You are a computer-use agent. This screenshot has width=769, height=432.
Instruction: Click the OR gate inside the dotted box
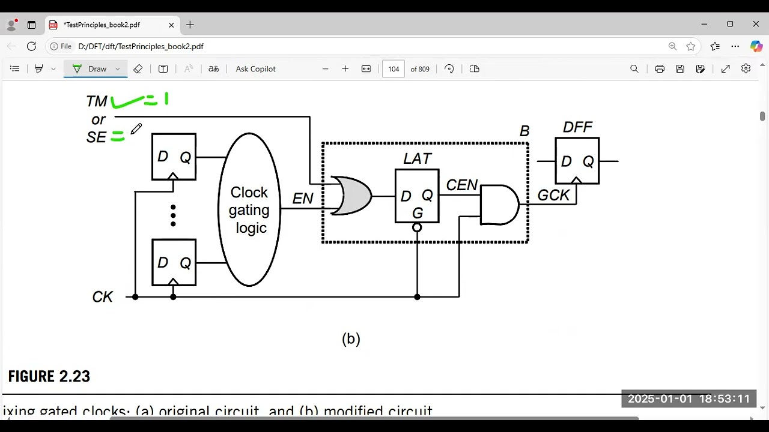351,196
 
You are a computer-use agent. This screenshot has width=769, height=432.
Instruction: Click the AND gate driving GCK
499,205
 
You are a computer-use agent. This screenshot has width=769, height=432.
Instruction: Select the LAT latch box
417,196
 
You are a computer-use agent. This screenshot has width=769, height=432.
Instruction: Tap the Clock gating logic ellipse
249,209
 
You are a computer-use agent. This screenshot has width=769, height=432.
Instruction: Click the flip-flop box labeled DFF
577,161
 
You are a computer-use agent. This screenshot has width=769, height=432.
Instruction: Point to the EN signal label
303,199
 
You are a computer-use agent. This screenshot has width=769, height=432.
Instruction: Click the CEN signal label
461,185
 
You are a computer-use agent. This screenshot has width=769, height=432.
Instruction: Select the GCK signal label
553,195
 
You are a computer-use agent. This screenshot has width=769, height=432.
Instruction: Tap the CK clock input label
103,297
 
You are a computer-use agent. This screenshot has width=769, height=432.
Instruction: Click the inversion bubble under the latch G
417,228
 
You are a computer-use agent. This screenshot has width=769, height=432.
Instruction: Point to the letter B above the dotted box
524,131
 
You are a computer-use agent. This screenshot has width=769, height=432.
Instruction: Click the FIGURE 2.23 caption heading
49,377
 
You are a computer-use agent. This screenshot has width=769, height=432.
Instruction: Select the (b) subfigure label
351,339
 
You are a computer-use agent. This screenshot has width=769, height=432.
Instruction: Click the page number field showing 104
394,69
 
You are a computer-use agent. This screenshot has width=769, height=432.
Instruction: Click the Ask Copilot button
255,69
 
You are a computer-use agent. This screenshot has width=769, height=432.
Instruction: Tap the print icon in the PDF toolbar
660,69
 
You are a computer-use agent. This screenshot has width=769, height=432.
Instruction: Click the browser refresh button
32,46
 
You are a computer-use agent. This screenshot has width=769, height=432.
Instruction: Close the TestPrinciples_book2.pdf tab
171,25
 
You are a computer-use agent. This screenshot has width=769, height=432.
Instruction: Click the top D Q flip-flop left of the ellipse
174,157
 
